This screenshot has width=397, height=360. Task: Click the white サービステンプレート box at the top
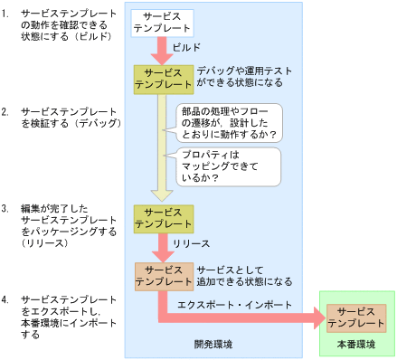pyautogui.click(x=162, y=24)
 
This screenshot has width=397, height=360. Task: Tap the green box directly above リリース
pyautogui.click(x=162, y=217)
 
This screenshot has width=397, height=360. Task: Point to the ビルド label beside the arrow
pyautogui.click(x=186, y=47)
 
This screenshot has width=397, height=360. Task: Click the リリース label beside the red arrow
pyautogui.click(x=192, y=243)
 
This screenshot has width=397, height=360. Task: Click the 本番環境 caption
pyautogui.click(x=356, y=345)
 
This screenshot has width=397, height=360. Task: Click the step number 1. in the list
pyautogui.click(x=7, y=13)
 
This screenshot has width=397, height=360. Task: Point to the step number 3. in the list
pyautogui.click(x=7, y=208)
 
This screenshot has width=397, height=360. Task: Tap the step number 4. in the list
pyautogui.click(x=7, y=298)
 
